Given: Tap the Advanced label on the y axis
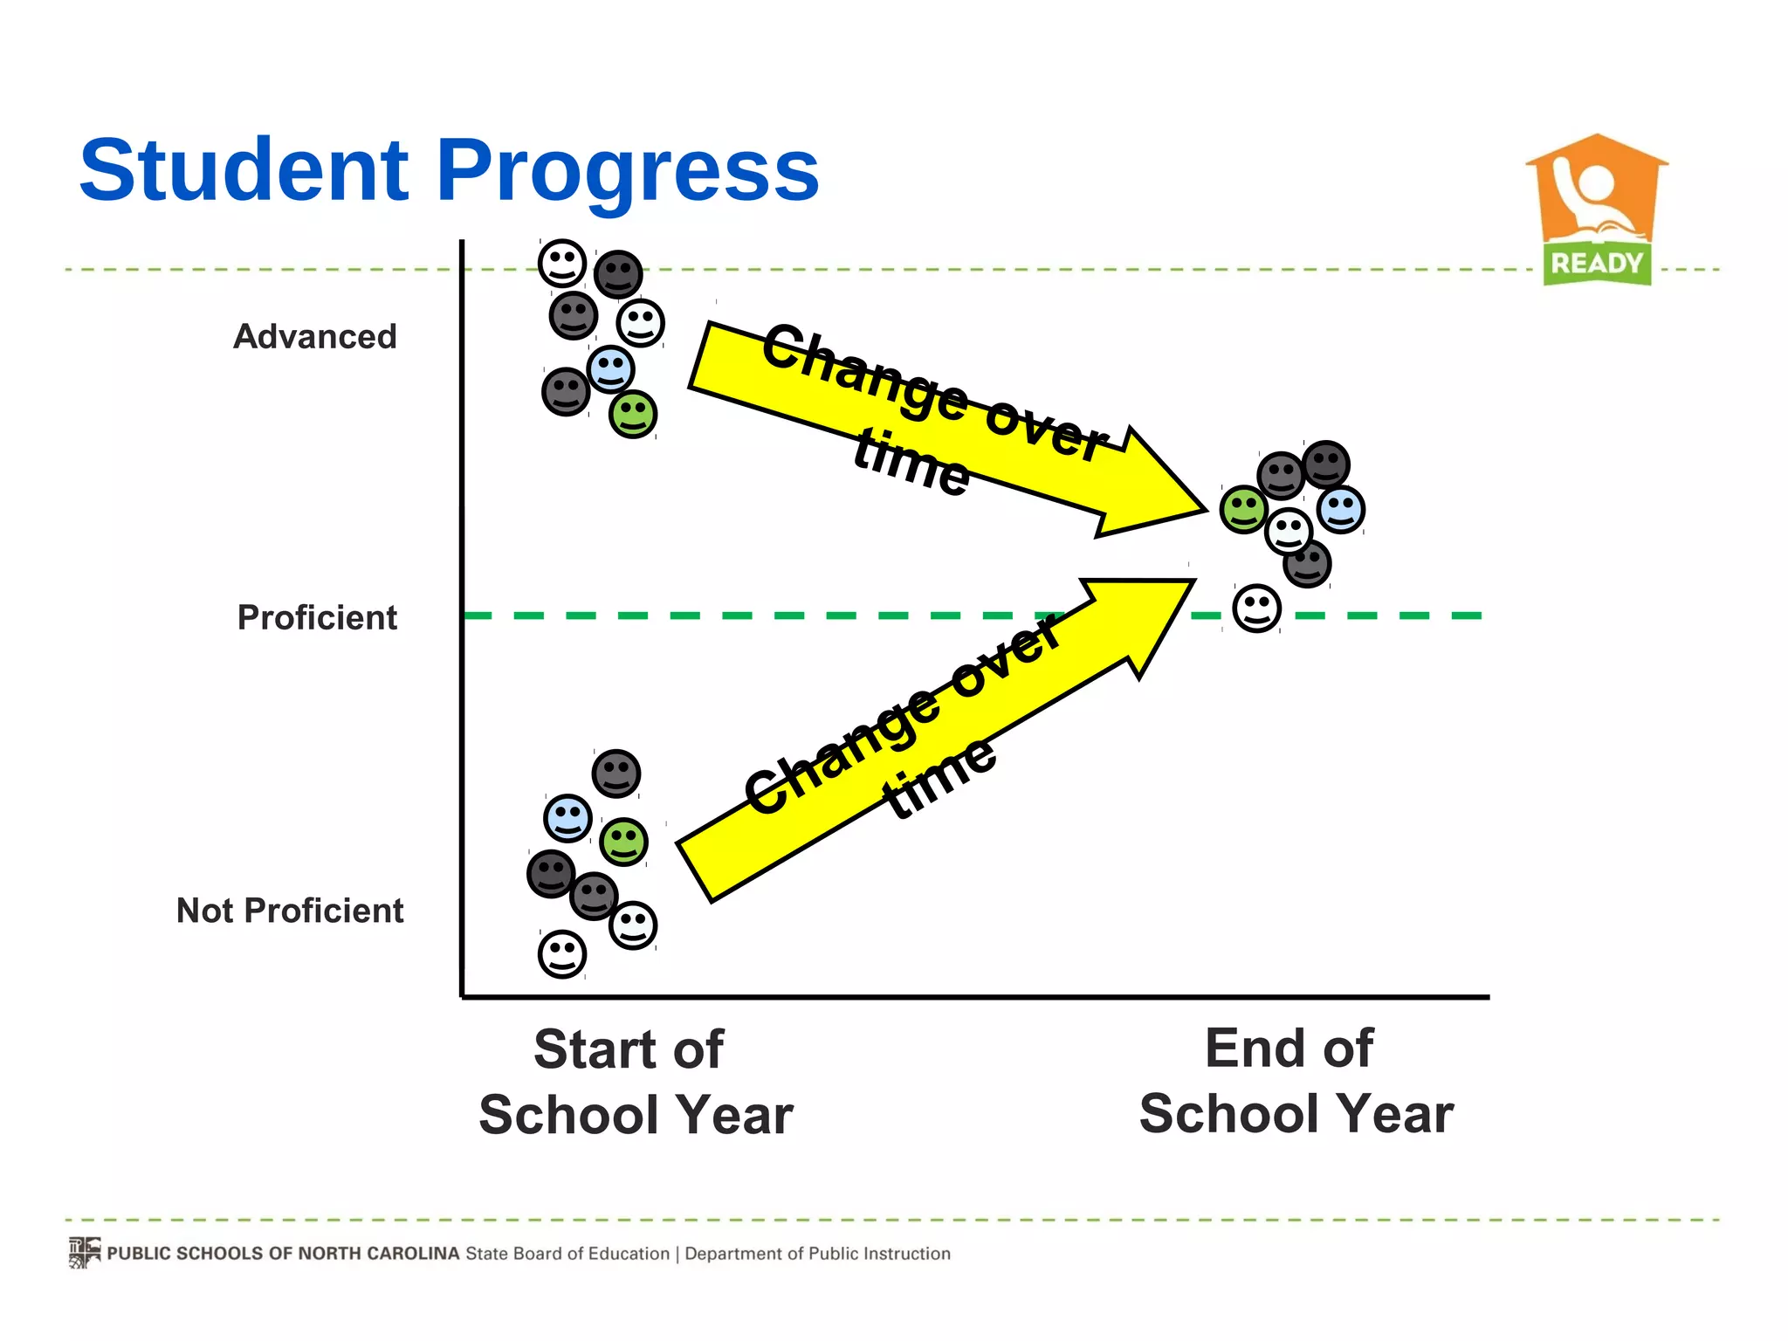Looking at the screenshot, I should tap(315, 336).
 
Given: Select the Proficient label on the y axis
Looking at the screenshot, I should tap(317, 617).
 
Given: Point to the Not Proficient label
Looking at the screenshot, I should tap(290, 911).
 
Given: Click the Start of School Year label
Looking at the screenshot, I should tap(636, 1083).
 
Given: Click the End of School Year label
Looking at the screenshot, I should tap(1296, 1081).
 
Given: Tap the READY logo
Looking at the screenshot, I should tap(1597, 210).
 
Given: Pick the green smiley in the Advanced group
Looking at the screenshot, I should tap(633, 414).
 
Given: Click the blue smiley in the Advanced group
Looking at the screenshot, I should tap(610, 368).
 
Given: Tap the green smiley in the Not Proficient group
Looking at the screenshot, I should tap(623, 842).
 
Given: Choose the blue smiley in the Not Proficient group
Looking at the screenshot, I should tap(567, 818).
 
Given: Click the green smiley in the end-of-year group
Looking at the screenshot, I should tap(1243, 509).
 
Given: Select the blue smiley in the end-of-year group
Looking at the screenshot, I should tap(1340, 509).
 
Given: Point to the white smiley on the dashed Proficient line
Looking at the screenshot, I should tap(1256, 609).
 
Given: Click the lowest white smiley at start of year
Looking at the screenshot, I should tap(561, 953).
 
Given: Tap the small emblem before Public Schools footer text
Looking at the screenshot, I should tap(85, 1253).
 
